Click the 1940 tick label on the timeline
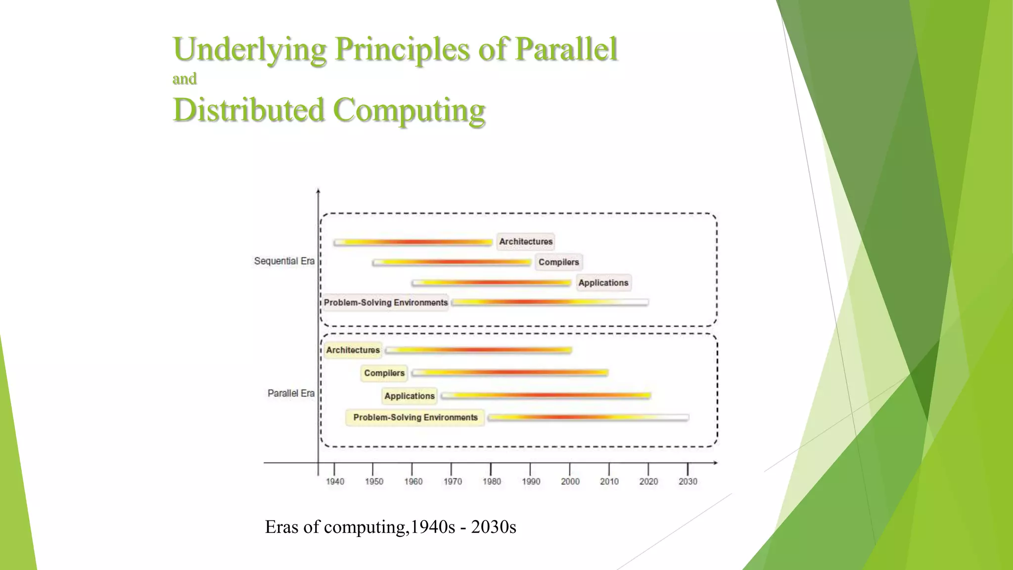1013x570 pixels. tap(335, 481)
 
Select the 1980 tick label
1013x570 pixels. tap(492, 481)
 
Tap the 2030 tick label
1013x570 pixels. tap(688, 481)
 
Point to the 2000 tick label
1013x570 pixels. tap(570, 481)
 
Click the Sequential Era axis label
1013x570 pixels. tap(284, 261)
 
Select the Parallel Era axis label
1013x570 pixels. tap(291, 393)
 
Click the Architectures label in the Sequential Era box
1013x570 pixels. tap(525, 241)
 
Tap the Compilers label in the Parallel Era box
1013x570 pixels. tap(384, 373)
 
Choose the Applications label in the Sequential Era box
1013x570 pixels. tap(603, 283)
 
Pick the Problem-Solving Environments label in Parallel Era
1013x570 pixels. tap(415, 418)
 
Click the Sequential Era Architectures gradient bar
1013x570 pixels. tap(413, 242)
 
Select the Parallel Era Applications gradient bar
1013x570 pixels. tap(546, 395)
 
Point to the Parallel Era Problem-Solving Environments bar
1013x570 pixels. tap(588, 418)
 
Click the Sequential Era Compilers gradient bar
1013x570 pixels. tap(452, 262)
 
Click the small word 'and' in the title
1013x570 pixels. tap(184, 79)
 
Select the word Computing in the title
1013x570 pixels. tap(409, 110)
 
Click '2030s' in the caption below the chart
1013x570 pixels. tap(493, 527)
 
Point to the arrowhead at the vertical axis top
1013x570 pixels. tap(318, 190)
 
